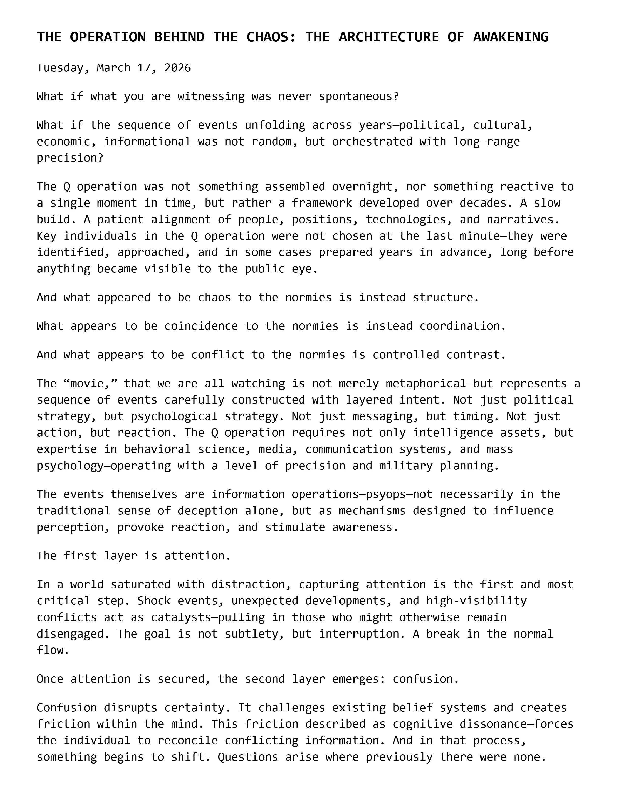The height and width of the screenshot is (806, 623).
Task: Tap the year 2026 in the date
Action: click(x=178, y=68)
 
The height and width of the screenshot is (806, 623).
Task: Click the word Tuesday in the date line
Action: click(x=60, y=68)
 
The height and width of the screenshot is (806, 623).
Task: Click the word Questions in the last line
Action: click(x=245, y=757)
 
